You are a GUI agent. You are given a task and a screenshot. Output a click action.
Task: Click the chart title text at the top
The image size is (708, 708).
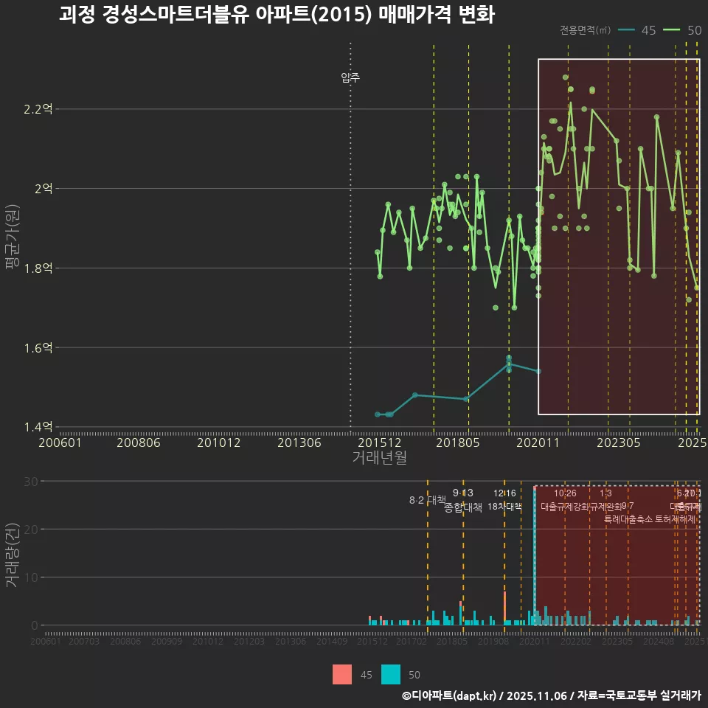tap(277, 15)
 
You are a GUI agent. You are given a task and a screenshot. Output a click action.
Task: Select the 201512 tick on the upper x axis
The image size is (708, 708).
tap(379, 443)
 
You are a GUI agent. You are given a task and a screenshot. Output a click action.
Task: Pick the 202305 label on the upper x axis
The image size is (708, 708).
tap(618, 443)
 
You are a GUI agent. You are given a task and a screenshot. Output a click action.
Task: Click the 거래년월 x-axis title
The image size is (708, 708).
tap(379, 458)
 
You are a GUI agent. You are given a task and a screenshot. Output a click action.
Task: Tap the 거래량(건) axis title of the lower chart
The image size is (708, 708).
tap(13, 555)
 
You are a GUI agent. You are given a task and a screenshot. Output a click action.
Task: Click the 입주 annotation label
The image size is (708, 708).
tap(350, 77)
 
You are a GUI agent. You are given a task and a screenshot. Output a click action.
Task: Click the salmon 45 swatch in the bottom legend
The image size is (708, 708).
tap(342, 674)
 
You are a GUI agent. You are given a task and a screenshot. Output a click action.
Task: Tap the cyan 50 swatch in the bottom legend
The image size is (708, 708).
tap(391, 674)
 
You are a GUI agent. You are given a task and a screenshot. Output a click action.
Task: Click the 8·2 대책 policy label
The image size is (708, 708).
tap(427, 500)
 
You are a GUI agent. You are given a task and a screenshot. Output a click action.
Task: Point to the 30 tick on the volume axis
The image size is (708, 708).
tap(32, 482)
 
